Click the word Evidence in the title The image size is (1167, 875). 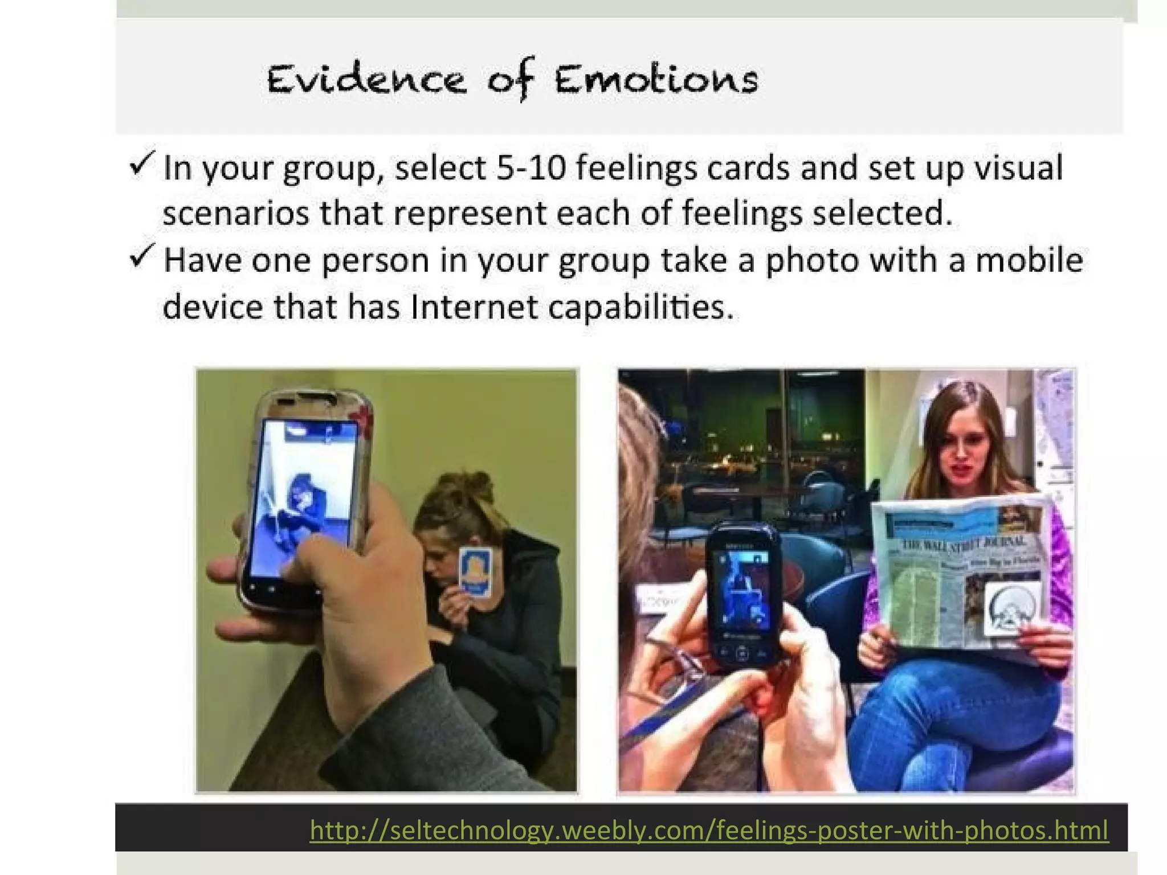[x=366, y=80]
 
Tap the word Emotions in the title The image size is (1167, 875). [x=656, y=80]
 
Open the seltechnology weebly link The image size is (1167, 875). [x=709, y=829]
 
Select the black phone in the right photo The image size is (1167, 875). [x=743, y=592]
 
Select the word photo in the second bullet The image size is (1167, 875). [x=811, y=261]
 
